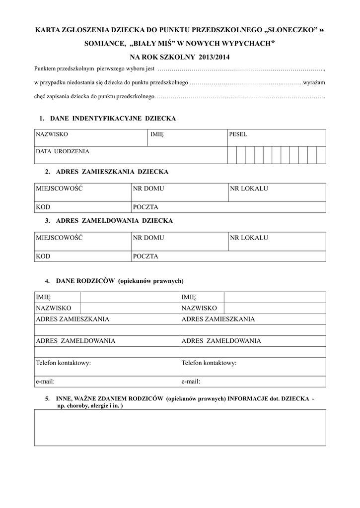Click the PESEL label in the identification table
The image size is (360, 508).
(x=238, y=134)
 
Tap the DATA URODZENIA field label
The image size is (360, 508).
(x=63, y=151)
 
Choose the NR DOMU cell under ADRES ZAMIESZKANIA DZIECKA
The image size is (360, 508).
(x=148, y=189)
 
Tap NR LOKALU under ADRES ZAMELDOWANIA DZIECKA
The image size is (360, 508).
(x=249, y=238)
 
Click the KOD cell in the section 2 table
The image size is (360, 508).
(x=43, y=207)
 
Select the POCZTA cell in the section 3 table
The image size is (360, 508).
(x=145, y=256)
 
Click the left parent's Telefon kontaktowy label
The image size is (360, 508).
(x=63, y=363)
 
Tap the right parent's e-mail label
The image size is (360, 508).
(x=191, y=381)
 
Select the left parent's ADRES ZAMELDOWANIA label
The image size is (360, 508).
(x=75, y=341)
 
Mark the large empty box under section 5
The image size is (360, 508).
(x=180, y=427)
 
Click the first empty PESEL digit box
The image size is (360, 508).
(x=232, y=155)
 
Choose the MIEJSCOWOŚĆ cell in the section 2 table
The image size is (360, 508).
(x=59, y=189)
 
